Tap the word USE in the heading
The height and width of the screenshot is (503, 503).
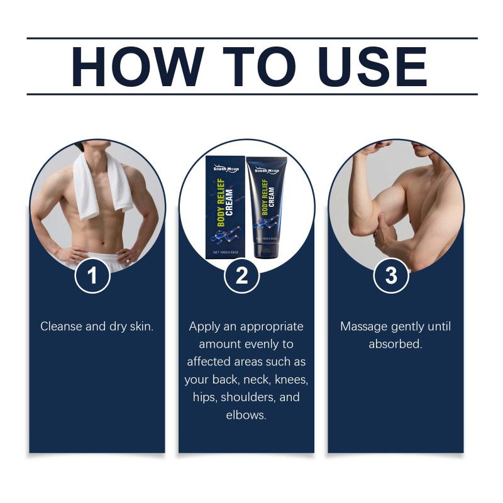pos(373,67)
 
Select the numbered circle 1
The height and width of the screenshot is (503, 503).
pos(92,275)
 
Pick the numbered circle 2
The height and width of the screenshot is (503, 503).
pos(241,275)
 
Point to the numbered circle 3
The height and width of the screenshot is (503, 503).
pos(391,275)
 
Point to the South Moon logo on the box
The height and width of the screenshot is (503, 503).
pos(226,169)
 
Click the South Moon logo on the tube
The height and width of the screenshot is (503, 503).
pos(267,170)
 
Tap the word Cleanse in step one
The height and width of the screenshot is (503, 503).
pos(61,326)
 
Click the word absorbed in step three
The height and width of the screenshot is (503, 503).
pos(395,344)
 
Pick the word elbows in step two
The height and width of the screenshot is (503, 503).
pos(246,415)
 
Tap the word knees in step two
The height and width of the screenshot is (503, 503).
pos(291,380)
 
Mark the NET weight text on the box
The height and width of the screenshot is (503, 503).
pos(226,253)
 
